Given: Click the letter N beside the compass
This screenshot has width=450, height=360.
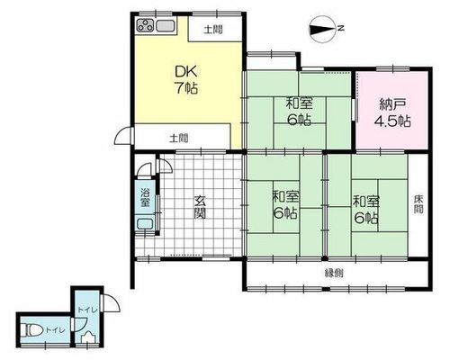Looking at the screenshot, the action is (x=340, y=29).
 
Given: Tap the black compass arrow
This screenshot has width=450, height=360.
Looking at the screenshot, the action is (x=321, y=30).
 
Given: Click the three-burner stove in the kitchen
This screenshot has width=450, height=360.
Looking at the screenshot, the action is (x=145, y=25).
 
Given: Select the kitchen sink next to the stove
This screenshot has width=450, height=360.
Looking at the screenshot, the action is (x=166, y=25).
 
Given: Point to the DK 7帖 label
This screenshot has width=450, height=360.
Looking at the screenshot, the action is (x=186, y=79).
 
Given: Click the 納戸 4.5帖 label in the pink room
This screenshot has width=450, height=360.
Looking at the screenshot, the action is (x=392, y=112).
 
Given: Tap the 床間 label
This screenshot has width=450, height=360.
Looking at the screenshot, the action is (x=418, y=204).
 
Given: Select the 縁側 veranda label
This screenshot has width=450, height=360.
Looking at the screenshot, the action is (x=334, y=274).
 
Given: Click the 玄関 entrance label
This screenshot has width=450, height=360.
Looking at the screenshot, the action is (x=200, y=207).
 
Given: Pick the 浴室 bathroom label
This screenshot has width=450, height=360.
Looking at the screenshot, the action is (x=145, y=197).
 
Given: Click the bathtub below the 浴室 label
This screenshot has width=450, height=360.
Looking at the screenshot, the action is (x=145, y=223).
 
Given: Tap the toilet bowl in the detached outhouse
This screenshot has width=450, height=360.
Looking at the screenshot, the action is (x=33, y=330).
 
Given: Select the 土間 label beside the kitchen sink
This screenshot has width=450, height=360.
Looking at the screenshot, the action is (x=213, y=30).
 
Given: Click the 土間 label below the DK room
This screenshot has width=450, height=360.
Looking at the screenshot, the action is (x=179, y=139).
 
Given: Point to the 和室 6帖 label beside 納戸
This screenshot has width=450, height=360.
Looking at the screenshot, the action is (x=299, y=112).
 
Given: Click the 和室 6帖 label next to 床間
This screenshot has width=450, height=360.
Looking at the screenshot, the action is (x=366, y=210).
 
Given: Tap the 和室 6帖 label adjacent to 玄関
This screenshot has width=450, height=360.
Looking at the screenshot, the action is (x=285, y=205).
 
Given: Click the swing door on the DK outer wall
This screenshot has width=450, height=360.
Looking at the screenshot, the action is (x=124, y=136).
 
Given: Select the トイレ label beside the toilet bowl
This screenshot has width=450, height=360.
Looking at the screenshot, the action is (x=55, y=330).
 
